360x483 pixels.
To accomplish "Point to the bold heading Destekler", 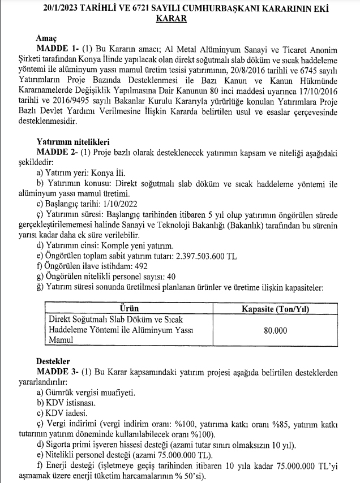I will coord(53,362).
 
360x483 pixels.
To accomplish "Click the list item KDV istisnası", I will coord(67,403).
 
